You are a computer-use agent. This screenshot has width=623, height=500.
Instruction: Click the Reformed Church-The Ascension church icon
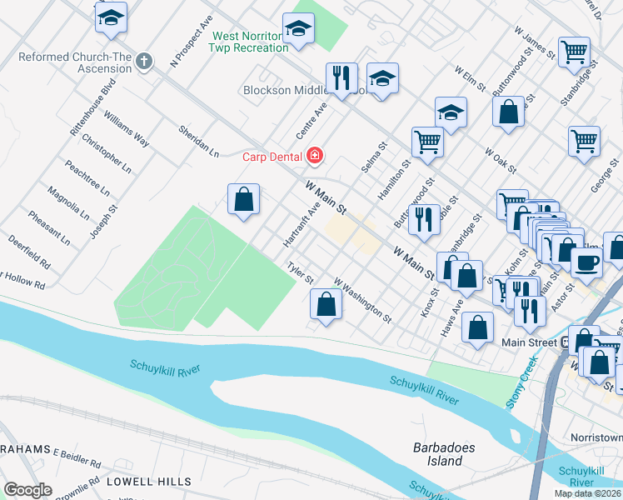pyautogui.click(x=144, y=61)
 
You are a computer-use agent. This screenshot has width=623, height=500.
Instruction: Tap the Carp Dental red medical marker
pyautogui.click(x=315, y=154)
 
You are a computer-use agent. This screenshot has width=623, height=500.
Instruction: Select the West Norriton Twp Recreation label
pyautogui.click(x=250, y=42)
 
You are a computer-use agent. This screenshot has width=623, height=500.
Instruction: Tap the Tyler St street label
pyautogui.click(x=300, y=272)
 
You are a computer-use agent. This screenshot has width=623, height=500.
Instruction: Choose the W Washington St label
pyautogui.click(x=362, y=300)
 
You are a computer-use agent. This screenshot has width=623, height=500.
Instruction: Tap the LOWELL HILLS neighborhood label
pyautogui.click(x=148, y=482)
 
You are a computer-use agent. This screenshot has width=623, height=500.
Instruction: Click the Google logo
pyautogui.click(x=27, y=490)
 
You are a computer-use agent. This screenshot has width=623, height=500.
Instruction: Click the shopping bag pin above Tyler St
pyautogui.click(x=243, y=200)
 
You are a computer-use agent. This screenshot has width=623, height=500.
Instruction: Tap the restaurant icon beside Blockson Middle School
pyautogui.click(x=341, y=78)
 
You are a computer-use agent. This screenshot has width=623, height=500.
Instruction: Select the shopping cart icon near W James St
pyautogui.click(x=575, y=52)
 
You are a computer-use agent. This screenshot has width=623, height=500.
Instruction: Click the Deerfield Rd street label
pyautogui.click(x=30, y=253)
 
